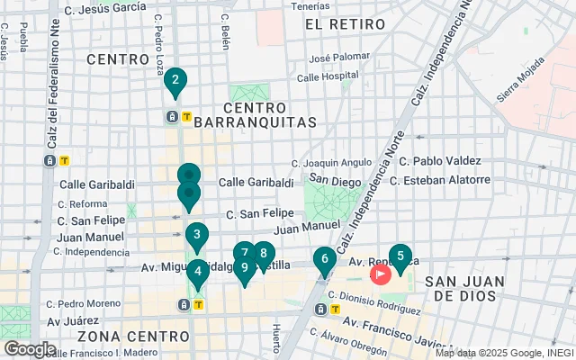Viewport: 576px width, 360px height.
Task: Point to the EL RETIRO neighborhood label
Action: coord(337,23)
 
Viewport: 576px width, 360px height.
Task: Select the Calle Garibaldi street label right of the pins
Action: coord(256,182)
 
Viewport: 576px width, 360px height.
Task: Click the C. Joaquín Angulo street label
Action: coord(332,164)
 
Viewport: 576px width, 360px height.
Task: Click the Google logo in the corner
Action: coord(30,348)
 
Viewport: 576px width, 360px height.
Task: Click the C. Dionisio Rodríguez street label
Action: coord(375,297)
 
